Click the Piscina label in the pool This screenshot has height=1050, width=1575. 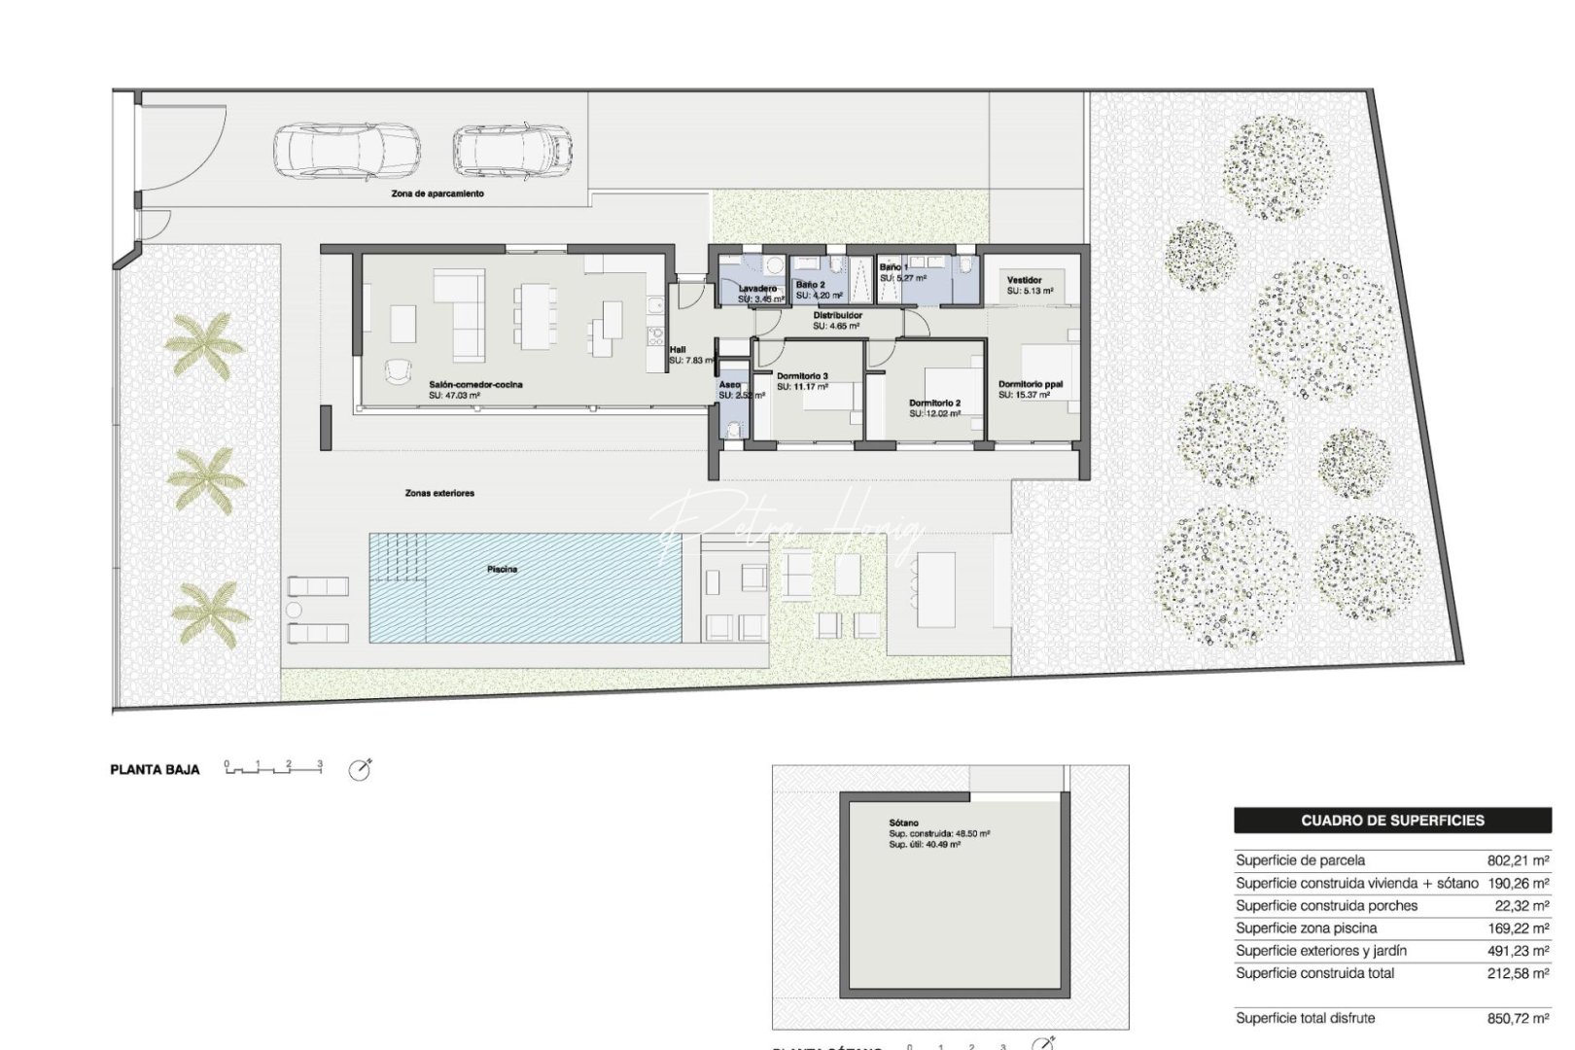click(502, 569)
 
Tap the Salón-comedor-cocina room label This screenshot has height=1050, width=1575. click(475, 385)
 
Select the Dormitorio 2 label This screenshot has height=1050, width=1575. click(934, 402)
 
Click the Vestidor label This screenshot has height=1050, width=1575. click(1024, 280)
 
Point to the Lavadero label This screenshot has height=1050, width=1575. click(757, 289)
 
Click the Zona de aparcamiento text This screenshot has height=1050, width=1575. click(437, 193)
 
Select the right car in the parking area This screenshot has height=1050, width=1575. click(511, 149)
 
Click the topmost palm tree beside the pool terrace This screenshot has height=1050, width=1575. click(204, 345)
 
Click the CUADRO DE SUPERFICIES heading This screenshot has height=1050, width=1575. click(1392, 821)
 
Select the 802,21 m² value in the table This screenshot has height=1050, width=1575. click(1518, 860)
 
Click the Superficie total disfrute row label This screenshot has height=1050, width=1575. click(1305, 1018)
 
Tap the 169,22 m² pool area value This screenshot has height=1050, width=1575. click(1518, 928)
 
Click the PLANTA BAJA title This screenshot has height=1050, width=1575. click(156, 769)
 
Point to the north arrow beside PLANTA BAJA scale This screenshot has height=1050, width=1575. click(360, 770)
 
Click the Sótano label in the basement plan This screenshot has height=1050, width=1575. click(903, 823)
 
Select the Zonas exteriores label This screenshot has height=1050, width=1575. click(439, 494)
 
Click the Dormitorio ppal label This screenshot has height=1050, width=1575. click(1031, 384)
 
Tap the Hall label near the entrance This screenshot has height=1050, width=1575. click(678, 350)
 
